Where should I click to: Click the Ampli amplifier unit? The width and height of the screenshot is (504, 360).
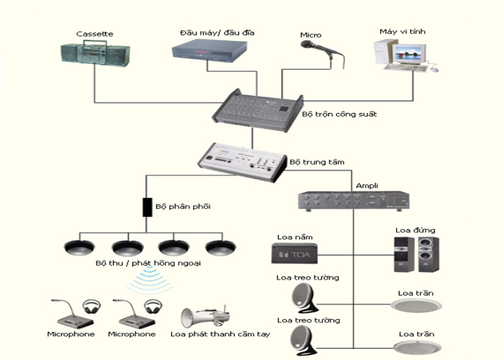click(x=354, y=200)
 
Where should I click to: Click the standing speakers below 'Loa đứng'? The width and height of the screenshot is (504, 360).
click(x=416, y=254)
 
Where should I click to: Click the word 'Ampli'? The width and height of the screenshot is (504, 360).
click(x=367, y=186)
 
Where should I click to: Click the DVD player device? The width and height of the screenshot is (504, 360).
click(x=210, y=49)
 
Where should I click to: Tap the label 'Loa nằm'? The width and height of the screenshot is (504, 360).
click(x=294, y=235)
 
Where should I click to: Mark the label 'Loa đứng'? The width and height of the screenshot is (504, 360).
click(x=415, y=230)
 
